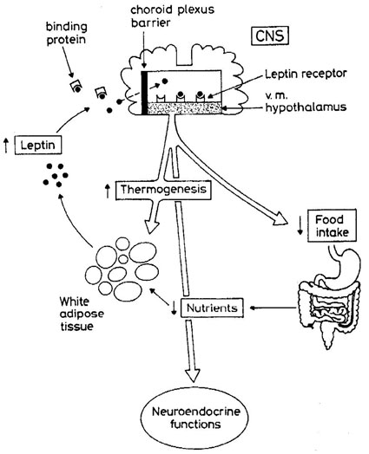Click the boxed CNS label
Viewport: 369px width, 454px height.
click(x=270, y=36)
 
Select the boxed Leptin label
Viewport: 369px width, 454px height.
click(x=38, y=145)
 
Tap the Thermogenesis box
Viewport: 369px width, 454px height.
click(x=163, y=190)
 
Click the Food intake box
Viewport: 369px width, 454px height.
click(x=332, y=225)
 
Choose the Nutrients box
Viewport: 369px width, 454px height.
click(x=212, y=308)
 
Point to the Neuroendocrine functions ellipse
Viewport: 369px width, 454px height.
click(x=195, y=418)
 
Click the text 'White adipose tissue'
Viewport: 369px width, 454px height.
click(x=82, y=314)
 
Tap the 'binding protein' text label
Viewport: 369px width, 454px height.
click(x=67, y=33)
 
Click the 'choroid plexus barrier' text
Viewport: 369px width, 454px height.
click(x=172, y=16)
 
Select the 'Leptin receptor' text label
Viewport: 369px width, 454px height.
click(x=306, y=74)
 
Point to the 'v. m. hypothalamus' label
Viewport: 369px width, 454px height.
click(x=306, y=102)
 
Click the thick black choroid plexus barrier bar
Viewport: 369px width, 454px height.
click(x=144, y=93)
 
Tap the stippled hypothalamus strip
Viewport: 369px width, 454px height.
click(x=185, y=108)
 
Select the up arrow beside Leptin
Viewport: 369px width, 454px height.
click(x=6, y=145)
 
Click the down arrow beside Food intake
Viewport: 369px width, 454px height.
click(x=300, y=226)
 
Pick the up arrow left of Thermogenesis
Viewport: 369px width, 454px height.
click(x=108, y=191)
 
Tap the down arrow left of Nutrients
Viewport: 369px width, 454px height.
click(x=174, y=308)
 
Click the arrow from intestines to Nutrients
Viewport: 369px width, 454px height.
click(x=273, y=308)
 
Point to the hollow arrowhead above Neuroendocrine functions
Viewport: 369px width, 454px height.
click(x=193, y=375)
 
